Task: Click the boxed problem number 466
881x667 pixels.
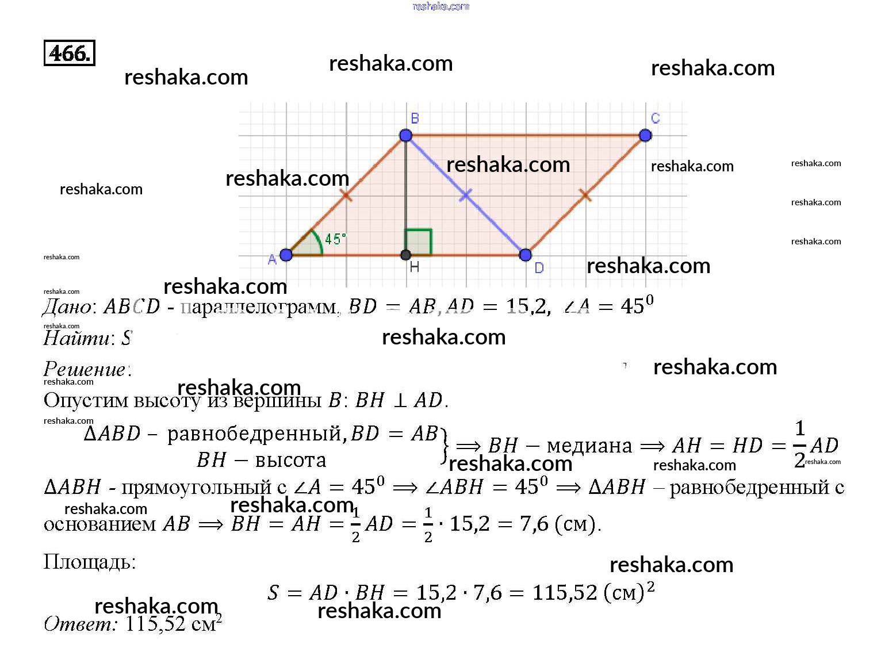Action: click(69, 53)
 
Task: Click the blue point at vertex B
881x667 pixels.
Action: click(405, 136)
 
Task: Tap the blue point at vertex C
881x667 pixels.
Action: click(645, 136)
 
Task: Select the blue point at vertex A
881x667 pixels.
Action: click(286, 255)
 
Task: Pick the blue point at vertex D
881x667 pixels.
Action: click(525, 255)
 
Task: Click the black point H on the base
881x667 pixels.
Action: click(405, 255)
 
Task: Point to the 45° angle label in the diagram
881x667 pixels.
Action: click(335, 239)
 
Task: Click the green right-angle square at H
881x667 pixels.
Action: click(419, 242)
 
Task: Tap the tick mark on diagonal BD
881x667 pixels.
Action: click(466, 195)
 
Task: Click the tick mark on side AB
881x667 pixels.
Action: click(346, 195)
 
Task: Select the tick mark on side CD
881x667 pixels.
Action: click(585, 195)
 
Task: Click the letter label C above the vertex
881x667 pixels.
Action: click(655, 118)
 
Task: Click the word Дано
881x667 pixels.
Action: click(67, 307)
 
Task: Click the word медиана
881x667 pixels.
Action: click(589, 446)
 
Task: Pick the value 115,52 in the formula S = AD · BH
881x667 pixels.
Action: click(565, 592)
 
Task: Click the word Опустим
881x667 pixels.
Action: click(86, 400)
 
